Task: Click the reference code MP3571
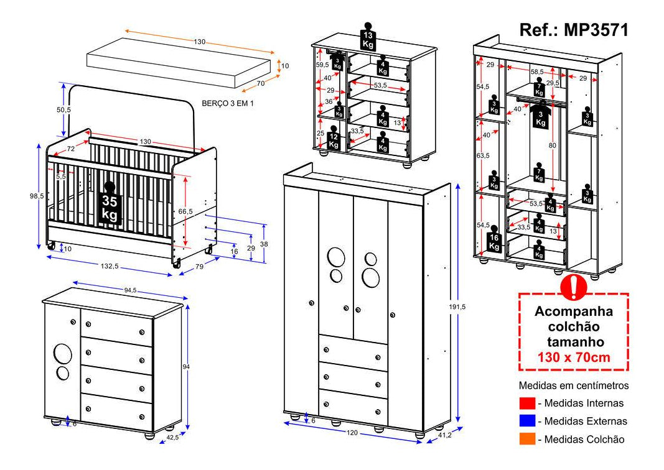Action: [x=573, y=30]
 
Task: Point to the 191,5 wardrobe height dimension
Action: [x=464, y=306]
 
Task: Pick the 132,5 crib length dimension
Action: [x=109, y=266]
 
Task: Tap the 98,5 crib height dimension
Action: [x=37, y=196]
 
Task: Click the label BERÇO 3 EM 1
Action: [x=228, y=103]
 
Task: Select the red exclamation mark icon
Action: [x=573, y=285]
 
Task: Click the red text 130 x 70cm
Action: [x=573, y=357]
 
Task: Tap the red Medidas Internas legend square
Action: [x=526, y=403]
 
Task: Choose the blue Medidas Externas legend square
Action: [x=526, y=421]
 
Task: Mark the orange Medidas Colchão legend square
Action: [x=526, y=439]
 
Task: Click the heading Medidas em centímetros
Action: [x=573, y=385]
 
